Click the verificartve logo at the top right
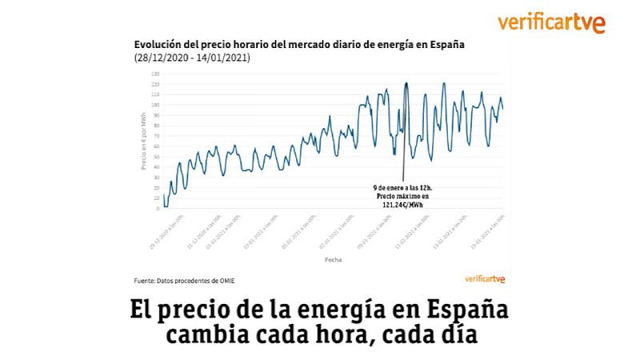point(550,22)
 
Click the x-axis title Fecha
point(334,261)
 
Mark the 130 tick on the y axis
point(155,74)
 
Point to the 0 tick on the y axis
point(158,209)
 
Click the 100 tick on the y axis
point(155,105)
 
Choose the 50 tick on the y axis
point(156,157)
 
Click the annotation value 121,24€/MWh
point(402,205)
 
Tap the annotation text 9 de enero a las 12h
point(402,187)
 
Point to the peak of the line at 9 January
point(406,82)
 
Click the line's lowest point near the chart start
point(166,206)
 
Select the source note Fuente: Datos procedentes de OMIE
point(184,280)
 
